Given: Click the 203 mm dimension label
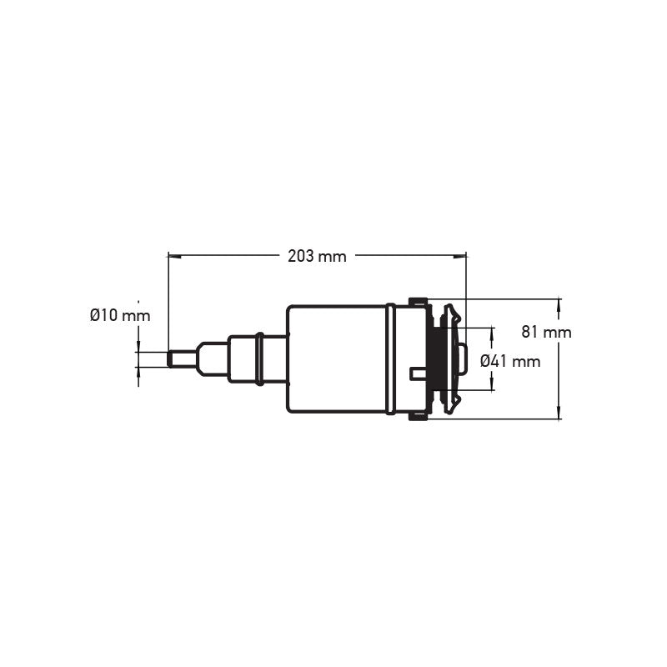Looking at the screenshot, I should click(317, 257).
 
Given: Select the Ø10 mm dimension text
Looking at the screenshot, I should click(120, 316).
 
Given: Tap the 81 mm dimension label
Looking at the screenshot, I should click(547, 332).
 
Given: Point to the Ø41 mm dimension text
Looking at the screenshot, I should click(510, 361).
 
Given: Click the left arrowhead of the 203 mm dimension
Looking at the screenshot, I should click(173, 257).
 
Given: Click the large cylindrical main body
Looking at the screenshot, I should click(336, 359).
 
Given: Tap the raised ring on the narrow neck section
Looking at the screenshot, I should click(259, 359).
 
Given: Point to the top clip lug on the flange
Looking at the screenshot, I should click(417, 301).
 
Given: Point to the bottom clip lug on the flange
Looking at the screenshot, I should click(417, 417).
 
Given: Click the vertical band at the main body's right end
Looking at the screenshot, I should click(390, 359).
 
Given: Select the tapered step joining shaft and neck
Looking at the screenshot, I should click(212, 359).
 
